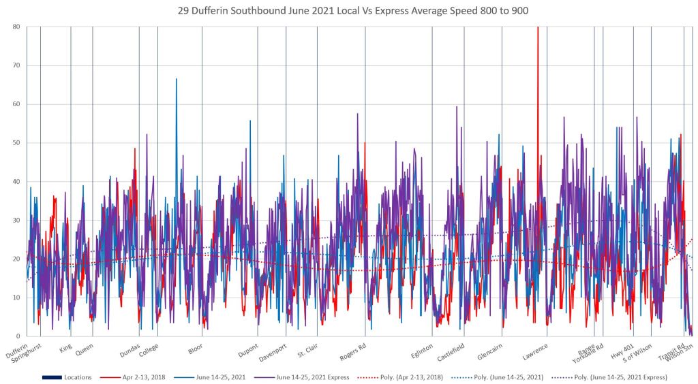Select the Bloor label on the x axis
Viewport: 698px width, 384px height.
pyautogui.click(x=195, y=349)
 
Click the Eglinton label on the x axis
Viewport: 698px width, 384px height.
pyautogui.click(x=422, y=350)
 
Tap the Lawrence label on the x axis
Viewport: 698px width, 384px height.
pyautogui.click(x=535, y=350)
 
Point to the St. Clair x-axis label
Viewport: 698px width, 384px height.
pyautogui.click(x=308, y=350)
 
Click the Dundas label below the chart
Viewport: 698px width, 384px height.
pyautogui.click(x=130, y=350)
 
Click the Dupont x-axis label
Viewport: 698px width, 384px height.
pyautogui.click(x=248, y=350)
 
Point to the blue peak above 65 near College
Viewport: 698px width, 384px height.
pyautogui.click(x=177, y=80)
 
